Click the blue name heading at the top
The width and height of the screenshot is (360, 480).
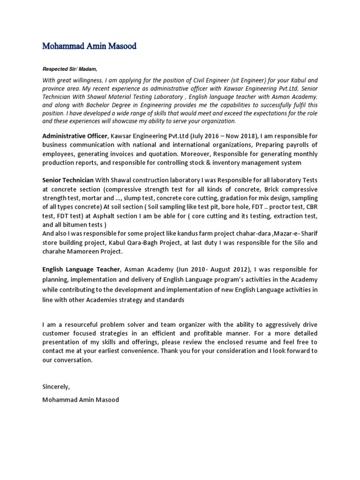[90, 46]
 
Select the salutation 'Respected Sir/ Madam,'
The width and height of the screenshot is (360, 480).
[70, 69]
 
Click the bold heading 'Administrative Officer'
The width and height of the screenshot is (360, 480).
[75, 136]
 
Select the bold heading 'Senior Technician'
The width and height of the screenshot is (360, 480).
[67, 180]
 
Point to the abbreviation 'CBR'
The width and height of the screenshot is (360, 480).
[310, 207]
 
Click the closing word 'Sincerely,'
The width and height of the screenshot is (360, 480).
[56, 387]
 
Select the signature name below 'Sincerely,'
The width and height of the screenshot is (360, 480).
[81, 400]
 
